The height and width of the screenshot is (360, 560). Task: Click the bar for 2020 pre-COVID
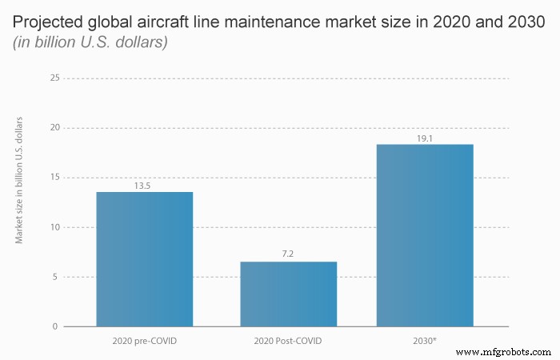pos(144,259)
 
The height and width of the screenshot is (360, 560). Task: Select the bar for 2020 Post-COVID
pos(288,294)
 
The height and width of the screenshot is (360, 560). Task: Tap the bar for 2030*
pos(425,235)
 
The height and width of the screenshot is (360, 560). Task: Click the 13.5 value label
pos(144,186)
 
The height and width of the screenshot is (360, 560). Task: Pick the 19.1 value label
pos(425,138)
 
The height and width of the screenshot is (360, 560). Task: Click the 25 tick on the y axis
pos(54,78)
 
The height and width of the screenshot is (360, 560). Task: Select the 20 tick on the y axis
pos(54,128)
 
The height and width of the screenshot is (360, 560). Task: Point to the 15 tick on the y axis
pos(54,178)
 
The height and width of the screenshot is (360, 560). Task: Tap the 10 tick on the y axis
pos(54,227)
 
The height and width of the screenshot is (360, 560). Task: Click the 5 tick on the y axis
pos(56,277)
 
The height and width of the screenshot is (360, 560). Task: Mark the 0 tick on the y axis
pos(56,326)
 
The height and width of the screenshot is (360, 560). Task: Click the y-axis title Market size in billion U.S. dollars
pos(19,180)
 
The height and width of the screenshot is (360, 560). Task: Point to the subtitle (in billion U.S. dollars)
pos(90,42)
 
